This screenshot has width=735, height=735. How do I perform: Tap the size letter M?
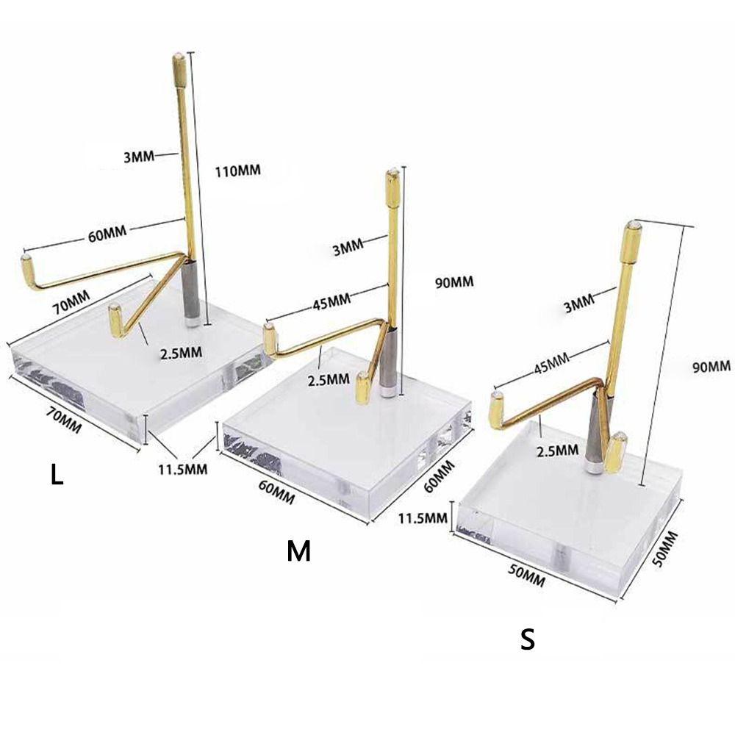pyautogui.click(x=298, y=551)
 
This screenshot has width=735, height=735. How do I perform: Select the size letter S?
pyautogui.click(x=527, y=639)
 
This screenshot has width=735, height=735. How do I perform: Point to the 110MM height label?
pyautogui.click(x=237, y=171)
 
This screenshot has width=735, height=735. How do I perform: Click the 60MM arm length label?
pyautogui.click(x=107, y=233)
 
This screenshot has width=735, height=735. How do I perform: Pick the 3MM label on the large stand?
pyautogui.click(x=139, y=156)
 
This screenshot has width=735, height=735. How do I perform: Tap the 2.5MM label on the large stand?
pyautogui.click(x=181, y=353)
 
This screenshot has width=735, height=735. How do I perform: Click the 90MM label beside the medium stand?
pyautogui.click(x=454, y=283)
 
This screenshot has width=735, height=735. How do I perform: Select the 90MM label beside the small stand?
pyautogui.click(x=711, y=367)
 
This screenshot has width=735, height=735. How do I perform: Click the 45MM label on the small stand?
pyautogui.click(x=552, y=362)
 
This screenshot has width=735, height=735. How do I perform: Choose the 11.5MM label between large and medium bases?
pyautogui.click(x=182, y=469)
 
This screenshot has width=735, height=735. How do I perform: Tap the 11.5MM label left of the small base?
pyautogui.click(x=423, y=518)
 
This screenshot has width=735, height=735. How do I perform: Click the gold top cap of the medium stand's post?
pyautogui.click(x=393, y=187)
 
